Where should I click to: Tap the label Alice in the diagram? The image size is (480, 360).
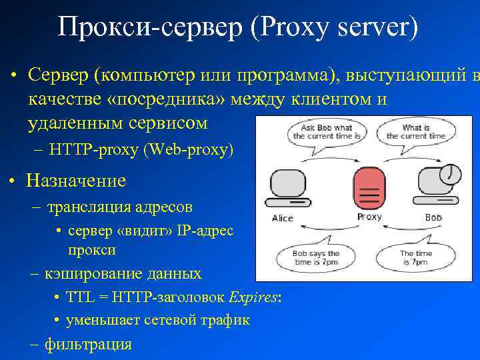tap(283, 218)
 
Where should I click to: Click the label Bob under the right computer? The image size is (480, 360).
tap(433, 217)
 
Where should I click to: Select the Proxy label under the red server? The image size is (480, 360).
tap(369, 217)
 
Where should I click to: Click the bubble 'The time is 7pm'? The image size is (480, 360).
tap(414, 258)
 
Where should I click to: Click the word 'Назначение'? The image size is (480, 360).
tap(76, 180)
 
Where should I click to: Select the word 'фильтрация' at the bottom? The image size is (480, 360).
tap(88, 344)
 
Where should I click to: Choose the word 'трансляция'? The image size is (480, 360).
tap(84, 207)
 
